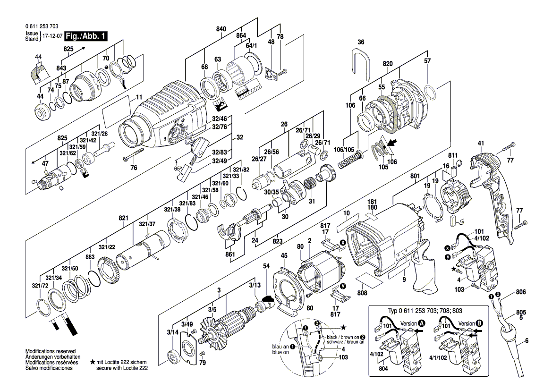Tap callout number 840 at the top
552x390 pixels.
(221, 29)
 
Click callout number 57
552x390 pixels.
(427, 61)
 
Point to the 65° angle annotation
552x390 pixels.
(178, 169)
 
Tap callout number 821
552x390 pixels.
(123, 218)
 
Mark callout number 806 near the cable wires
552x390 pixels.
(520, 292)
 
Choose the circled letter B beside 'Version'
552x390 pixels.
(479, 324)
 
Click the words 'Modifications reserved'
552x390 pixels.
(50, 352)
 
